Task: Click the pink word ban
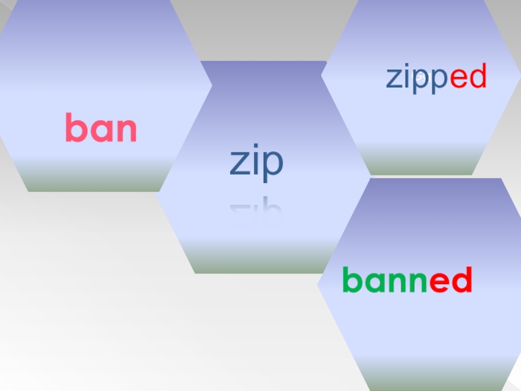point(101,129)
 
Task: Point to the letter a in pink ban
point(101,131)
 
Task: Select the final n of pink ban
point(126,131)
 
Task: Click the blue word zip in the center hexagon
point(256,163)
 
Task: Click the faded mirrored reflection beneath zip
point(256,212)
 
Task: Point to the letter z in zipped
point(394,80)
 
